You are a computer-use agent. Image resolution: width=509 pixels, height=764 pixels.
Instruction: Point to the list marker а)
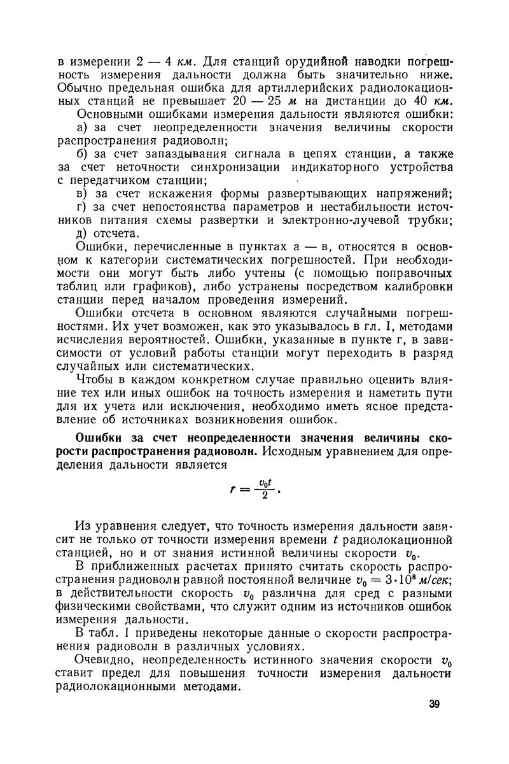[x=83, y=127]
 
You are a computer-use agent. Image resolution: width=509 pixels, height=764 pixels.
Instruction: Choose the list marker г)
[x=82, y=208]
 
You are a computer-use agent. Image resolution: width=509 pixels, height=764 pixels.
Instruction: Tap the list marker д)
[x=83, y=234]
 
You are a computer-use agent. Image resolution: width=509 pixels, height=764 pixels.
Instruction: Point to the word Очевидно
[x=104, y=661]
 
